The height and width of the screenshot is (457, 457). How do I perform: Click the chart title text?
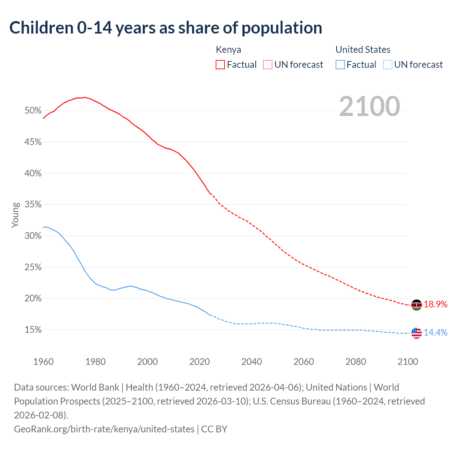[166, 28]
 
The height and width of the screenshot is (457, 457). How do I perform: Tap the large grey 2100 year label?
[369, 106]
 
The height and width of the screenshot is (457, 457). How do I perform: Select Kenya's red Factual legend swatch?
[220, 65]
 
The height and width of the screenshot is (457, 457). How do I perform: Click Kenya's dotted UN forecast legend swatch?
[267, 65]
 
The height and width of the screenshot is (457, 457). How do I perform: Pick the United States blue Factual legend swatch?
[340, 65]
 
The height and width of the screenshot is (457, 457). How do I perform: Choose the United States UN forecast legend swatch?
[387, 65]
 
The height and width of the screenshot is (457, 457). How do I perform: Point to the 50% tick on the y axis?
[33, 111]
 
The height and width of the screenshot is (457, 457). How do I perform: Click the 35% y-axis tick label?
[33, 205]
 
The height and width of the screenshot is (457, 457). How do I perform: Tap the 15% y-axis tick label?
[33, 330]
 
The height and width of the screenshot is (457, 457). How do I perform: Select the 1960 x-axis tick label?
[43, 362]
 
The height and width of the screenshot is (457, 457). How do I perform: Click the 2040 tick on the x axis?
[251, 362]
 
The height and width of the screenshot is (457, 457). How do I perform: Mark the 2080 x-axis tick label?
[356, 362]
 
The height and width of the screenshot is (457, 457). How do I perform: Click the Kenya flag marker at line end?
[416, 305]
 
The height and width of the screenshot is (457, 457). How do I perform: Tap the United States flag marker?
[416, 333]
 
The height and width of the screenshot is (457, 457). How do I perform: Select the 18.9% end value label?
[436, 305]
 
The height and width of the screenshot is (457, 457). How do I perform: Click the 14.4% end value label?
[436, 333]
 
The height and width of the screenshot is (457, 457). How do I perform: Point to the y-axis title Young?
[15, 215]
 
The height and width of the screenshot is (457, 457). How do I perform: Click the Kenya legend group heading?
[228, 50]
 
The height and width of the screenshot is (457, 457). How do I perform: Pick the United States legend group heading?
[363, 50]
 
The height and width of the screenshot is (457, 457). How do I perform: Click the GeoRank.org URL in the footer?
[104, 429]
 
